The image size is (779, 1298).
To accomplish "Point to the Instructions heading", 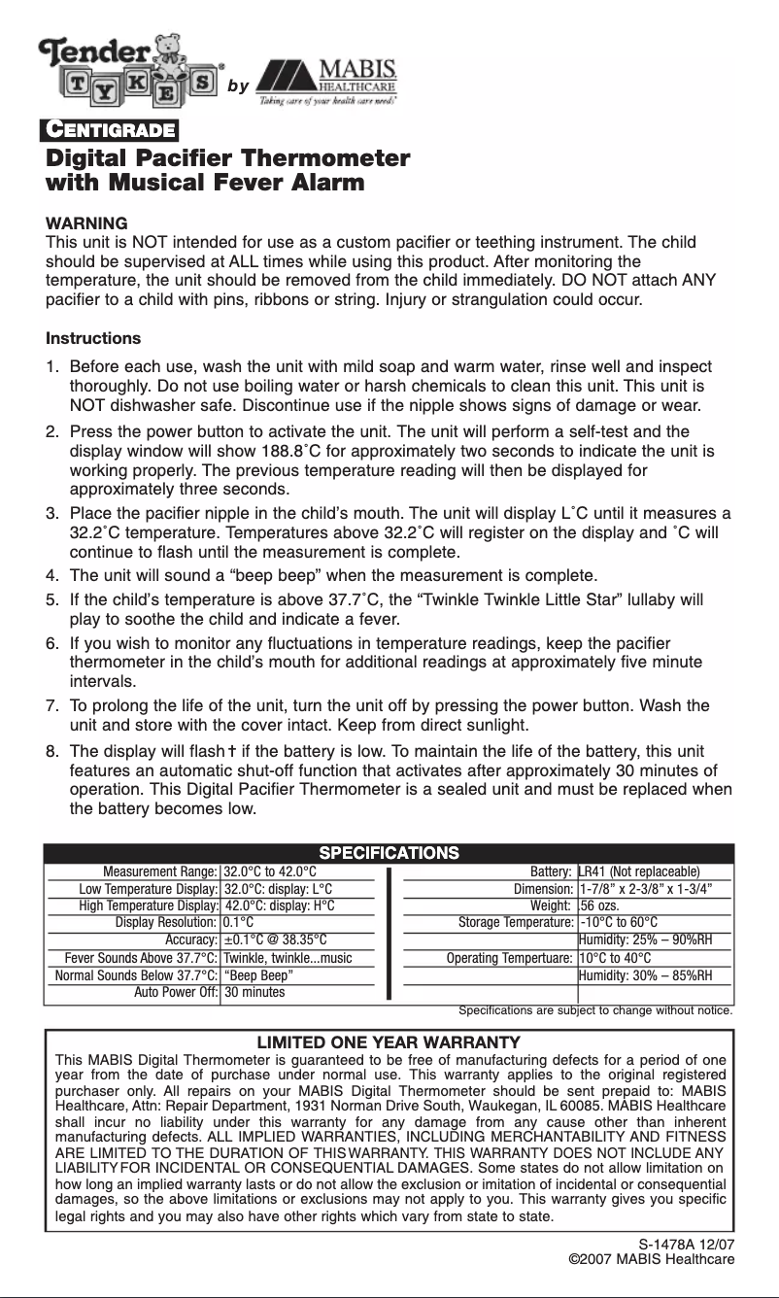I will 93,339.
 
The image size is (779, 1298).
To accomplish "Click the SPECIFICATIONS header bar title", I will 389,853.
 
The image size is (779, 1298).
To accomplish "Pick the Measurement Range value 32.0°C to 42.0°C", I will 270,871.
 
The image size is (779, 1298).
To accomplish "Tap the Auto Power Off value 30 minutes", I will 254,993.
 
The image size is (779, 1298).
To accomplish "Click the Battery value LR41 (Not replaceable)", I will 638,871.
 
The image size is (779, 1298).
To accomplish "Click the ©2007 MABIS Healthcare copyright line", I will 651,1260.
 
